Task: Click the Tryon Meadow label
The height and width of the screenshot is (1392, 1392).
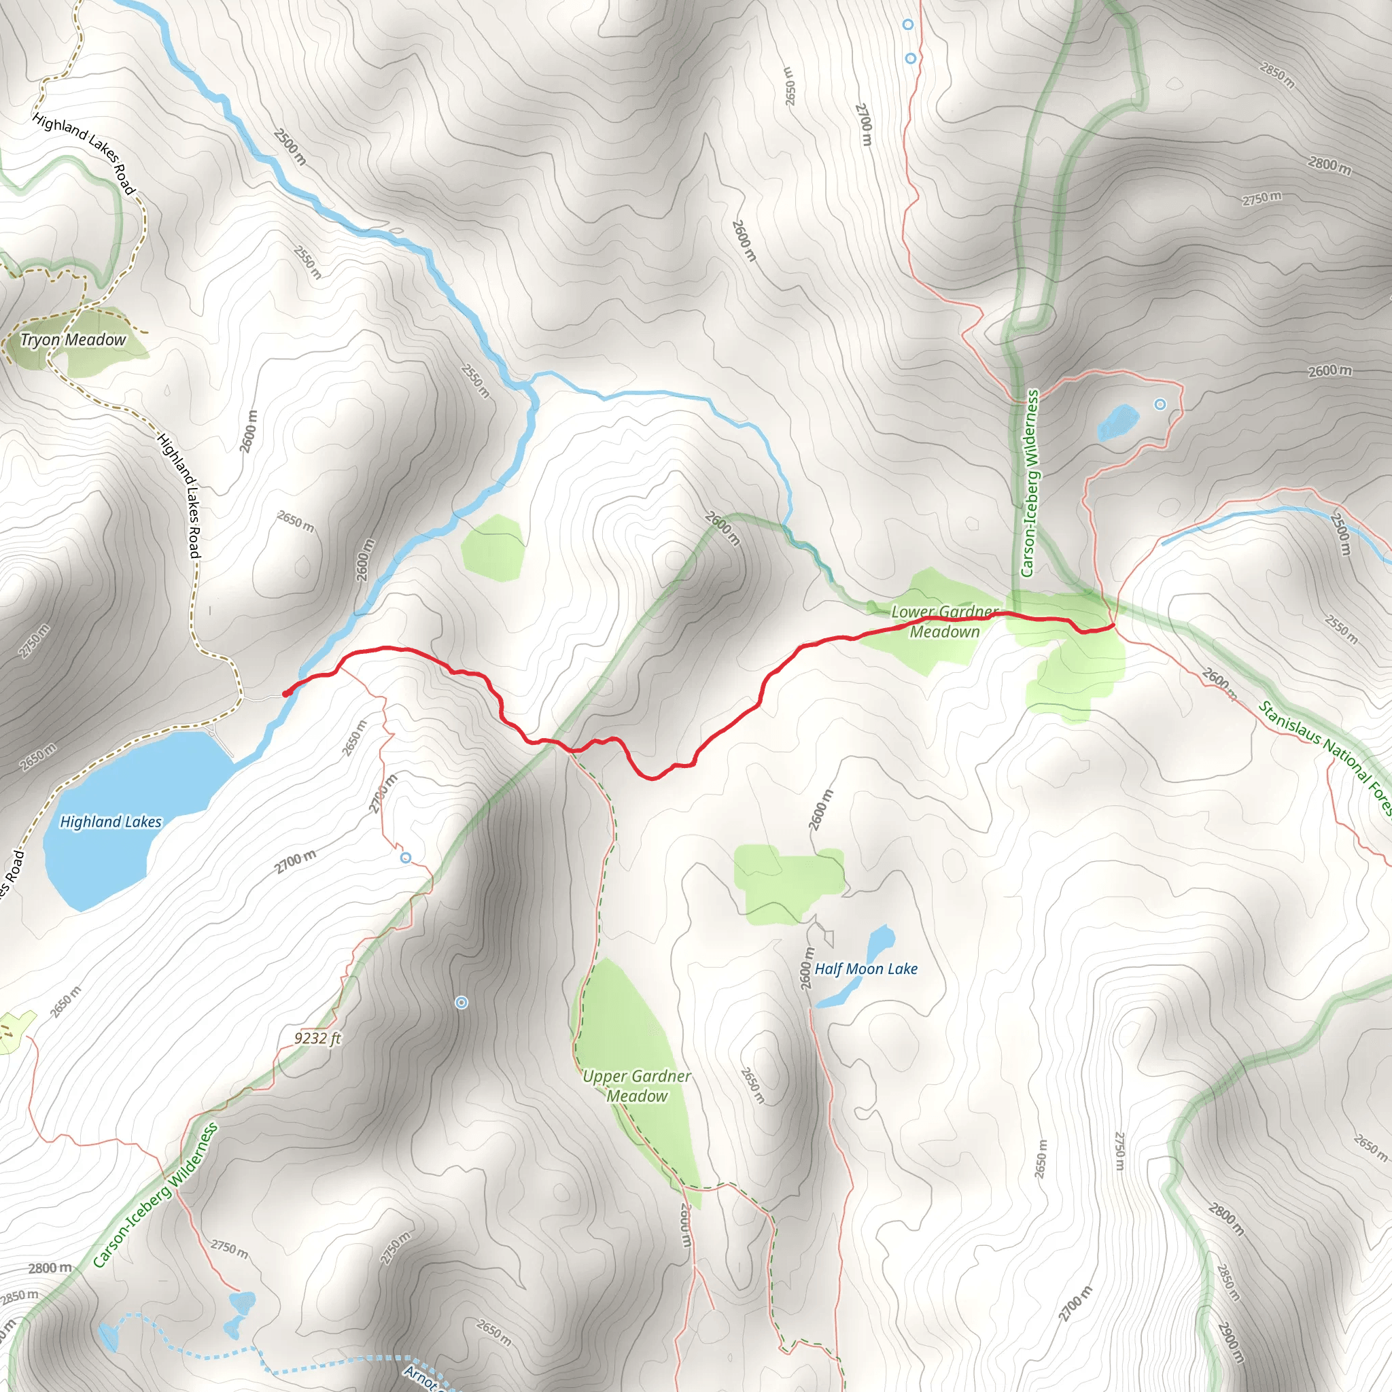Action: point(73,340)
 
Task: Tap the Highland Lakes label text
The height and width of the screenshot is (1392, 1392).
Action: point(110,821)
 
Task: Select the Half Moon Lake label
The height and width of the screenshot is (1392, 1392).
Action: point(865,969)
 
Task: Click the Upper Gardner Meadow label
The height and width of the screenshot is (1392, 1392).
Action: point(636,1085)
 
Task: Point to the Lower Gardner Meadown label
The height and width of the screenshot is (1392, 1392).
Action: point(944,622)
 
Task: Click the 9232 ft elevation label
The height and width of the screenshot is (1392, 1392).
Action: point(317,1039)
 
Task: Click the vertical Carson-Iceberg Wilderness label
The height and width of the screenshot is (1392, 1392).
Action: point(1031,483)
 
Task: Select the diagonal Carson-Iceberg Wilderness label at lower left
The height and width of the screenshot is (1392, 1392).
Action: point(155,1196)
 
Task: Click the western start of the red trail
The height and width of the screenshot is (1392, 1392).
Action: point(286,693)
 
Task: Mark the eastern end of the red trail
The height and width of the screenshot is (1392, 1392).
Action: point(1114,627)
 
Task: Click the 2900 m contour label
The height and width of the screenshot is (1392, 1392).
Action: point(1231,1342)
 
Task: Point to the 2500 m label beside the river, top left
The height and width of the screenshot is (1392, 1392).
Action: point(290,146)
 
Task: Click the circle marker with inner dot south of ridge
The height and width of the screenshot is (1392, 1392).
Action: point(462,1003)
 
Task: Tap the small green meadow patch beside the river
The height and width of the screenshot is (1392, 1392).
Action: point(493,548)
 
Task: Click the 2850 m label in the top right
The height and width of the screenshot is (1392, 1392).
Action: point(1276,75)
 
